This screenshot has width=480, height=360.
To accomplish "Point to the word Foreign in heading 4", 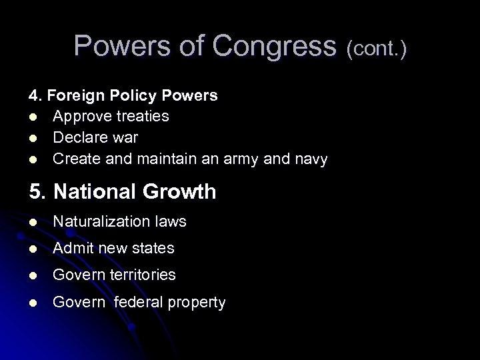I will coord(71,95).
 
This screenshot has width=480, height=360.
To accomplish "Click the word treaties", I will coord(142,117).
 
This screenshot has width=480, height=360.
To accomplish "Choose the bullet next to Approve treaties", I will coord(32,117).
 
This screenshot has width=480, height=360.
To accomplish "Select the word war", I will coord(125,138).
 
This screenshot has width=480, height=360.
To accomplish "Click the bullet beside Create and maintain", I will coord(32,159).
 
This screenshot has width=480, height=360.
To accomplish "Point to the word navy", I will coord(309,160).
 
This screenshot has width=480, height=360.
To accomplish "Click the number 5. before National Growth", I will coord(37,192).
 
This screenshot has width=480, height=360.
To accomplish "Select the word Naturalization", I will coord(100,221).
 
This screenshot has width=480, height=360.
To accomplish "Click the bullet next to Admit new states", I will coord(32,249).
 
